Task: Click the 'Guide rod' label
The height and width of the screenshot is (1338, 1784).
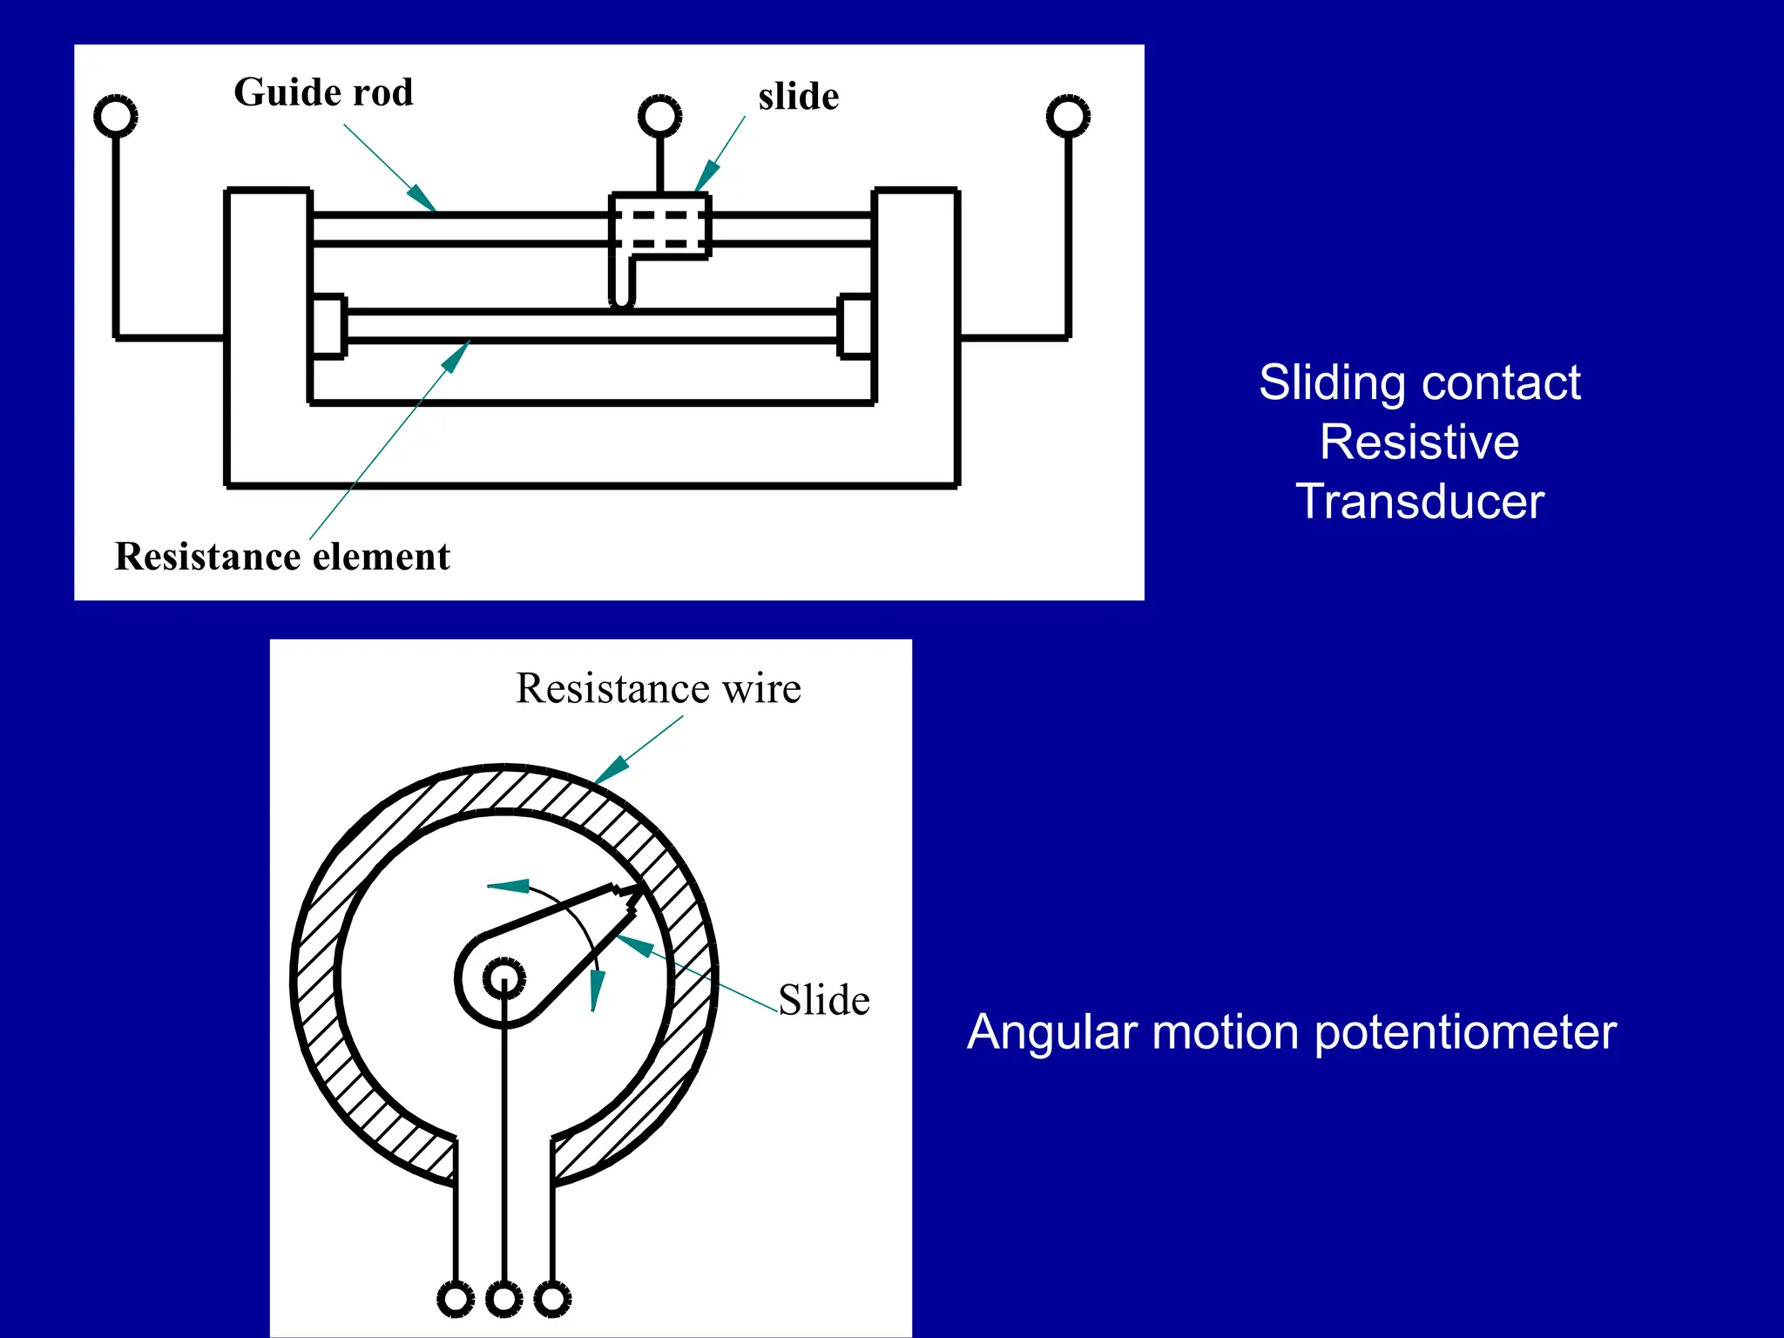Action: pyautogui.click(x=323, y=92)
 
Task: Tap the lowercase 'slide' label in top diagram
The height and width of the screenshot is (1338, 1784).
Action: pyautogui.click(x=798, y=97)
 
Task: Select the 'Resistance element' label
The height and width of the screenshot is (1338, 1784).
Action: pyautogui.click(x=282, y=557)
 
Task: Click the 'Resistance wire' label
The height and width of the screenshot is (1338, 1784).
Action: pyautogui.click(x=658, y=688)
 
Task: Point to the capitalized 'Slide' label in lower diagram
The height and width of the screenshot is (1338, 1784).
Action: pyautogui.click(x=823, y=1000)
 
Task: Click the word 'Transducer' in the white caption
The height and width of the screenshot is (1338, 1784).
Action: pyautogui.click(x=1419, y=502)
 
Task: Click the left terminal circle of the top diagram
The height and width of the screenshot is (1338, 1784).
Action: pyautogui.click(x=116, y=116)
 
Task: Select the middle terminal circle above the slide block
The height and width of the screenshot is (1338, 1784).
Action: pyautogui.click(x=659, y=116)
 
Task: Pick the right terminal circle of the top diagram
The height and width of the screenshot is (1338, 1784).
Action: pyautogui.click(x=1068, y=116)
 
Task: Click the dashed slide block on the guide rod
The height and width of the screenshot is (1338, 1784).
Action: pyautogui.click(x=659, y=226)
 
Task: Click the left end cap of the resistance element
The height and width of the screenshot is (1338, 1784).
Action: pyautogui.click(x=328, y=326)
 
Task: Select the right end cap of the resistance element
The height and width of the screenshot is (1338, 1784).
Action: pyautogui.click(x=855, y=326)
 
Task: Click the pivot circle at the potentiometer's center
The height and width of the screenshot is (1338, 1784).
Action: pyautogui.click(x=503, y=979)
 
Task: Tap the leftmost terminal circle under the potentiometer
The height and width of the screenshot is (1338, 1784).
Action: pyautogui.click(x=455, y=1299)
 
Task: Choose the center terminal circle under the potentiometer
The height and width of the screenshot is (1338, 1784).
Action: pyautogui.click(x=503, y=1299)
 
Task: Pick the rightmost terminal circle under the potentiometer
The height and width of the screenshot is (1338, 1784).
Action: pyautogui.click(x=552, y=1299)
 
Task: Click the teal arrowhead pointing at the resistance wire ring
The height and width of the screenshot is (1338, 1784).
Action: pyautogui.click(x=611, y=770)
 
